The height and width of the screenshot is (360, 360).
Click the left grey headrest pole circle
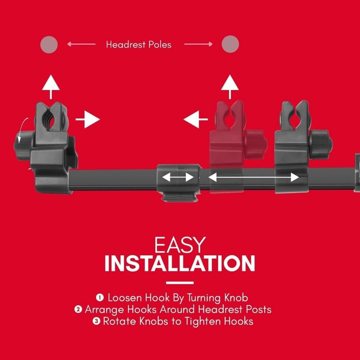pos(49,45)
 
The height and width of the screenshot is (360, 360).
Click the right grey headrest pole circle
pos(230,44)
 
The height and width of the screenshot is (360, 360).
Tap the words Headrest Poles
pos(139,45)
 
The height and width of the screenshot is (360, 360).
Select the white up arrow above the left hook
pos(51,87)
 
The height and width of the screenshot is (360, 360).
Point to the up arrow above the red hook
pos(230,87)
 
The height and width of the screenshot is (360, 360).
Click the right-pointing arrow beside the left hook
pos(88,120)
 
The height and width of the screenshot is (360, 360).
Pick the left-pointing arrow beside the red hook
pos(195,120)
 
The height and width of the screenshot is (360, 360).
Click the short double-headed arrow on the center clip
pos(178,177)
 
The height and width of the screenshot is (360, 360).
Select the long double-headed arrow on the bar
pos(253,177)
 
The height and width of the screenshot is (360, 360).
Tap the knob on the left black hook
pos(22,143)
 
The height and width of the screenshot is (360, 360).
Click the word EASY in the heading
pos(180,245)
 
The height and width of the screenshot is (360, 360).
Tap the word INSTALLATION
pos(180,263)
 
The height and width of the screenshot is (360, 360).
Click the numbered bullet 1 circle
pos(100,298)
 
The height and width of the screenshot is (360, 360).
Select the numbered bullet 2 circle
pos(78,309)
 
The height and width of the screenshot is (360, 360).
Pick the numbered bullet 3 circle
pos(96,321)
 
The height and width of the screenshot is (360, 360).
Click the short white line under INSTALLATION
pos(180,283)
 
